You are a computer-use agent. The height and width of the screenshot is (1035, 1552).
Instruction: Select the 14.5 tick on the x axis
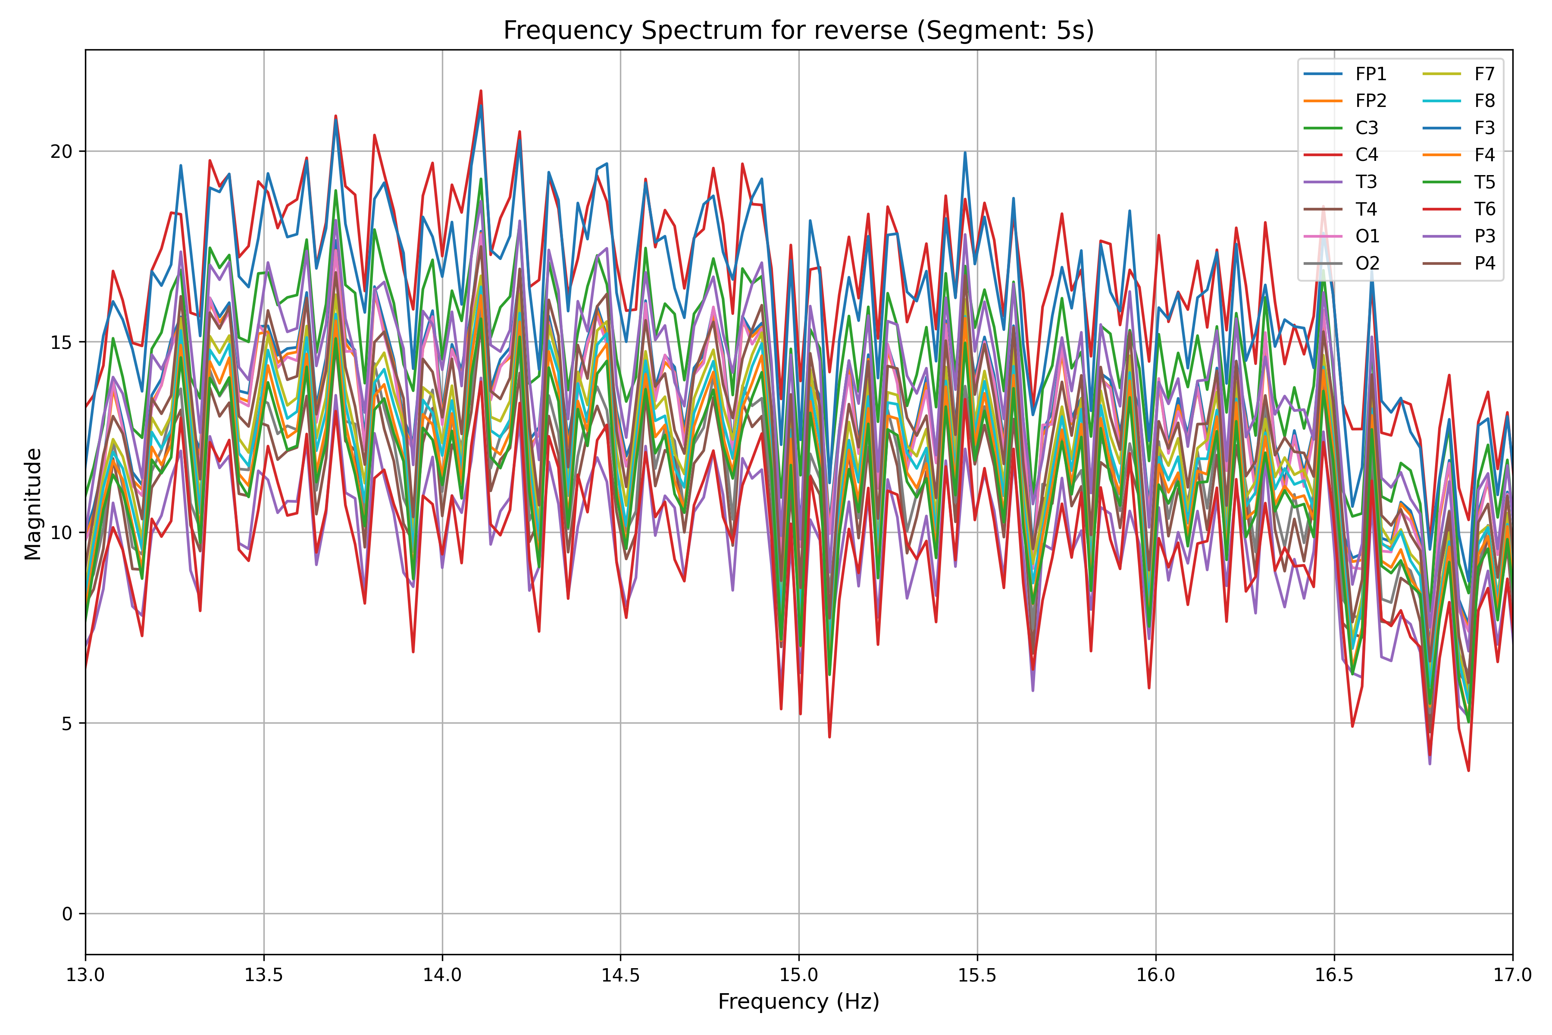pyautogui.click(x=620, y=975)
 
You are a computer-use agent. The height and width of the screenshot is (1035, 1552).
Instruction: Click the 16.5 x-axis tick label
pyautogui.click(x=1334, y=975)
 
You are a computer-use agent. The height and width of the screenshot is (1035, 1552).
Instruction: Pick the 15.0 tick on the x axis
pyautogui.click(x=799, y=975)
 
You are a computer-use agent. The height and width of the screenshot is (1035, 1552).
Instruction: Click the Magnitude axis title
pyautogui.click(x=33, y=504)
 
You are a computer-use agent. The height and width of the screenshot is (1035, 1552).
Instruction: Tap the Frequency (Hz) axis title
pyautogui.click(x=798, y=1002)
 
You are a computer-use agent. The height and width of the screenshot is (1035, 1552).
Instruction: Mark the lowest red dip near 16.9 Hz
pyautogui.click(x=1468, y=770)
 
